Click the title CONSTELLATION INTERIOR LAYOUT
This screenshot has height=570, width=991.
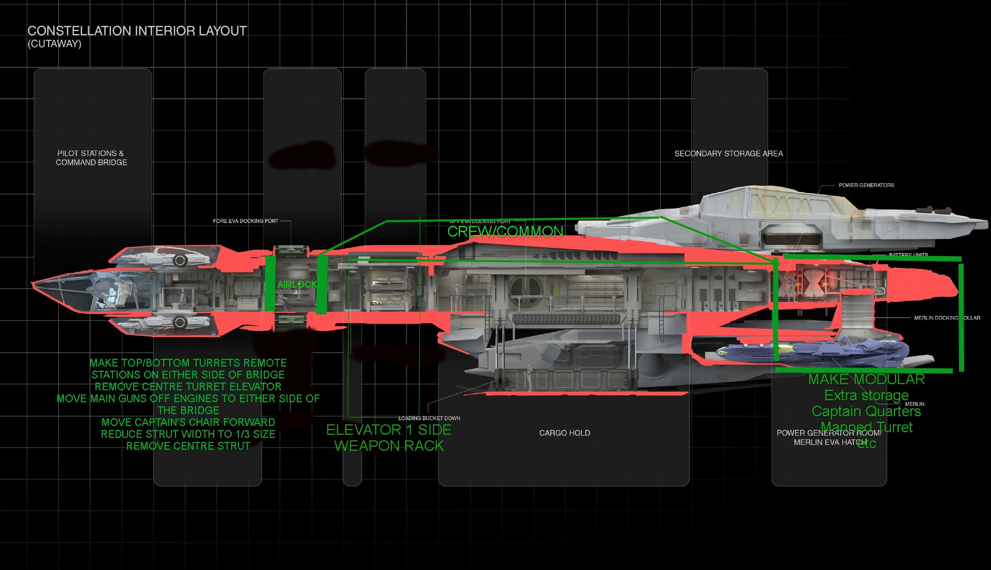pos(137,31)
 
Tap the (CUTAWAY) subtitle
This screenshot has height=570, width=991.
pos(54,44)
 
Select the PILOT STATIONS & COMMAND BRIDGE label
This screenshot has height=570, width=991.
pos(91,158)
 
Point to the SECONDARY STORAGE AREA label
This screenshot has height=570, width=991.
pos(728,154)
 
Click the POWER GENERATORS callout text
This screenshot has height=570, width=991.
pos(866,185)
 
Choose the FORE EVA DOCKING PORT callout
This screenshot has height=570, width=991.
pos(246,221)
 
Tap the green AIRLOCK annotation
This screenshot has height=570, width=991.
pos(297,284)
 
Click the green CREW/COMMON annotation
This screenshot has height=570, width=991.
pos(505,232)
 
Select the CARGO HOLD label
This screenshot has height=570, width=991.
pos(564,433)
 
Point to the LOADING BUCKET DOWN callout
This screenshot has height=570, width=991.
pos(429,418)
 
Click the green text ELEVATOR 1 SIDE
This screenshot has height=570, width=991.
pos(389,430)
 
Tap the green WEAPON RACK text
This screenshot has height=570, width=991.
pos(389,446)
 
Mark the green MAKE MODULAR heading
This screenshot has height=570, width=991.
pos(866,379)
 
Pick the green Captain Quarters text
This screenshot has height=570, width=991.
pos(866,411)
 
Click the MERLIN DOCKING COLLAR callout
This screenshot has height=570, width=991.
pos(947,318)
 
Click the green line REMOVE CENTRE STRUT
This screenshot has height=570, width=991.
pos(188,446)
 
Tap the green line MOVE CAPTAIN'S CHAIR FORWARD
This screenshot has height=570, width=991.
pos(188,422)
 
